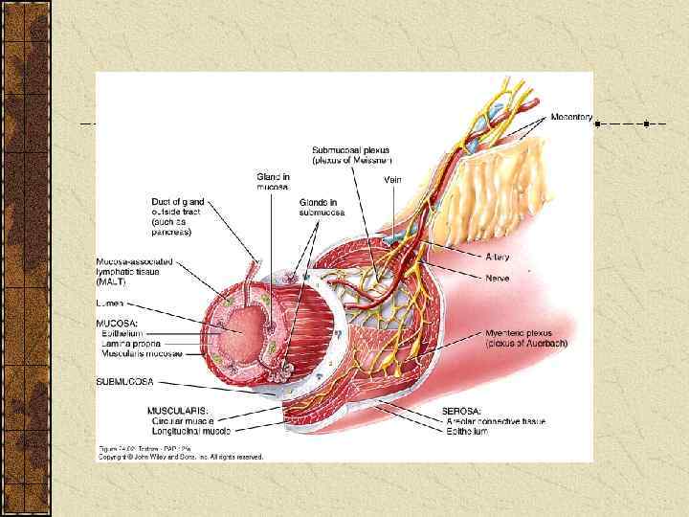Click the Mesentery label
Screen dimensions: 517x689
tap(571, 117)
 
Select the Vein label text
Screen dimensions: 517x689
tap(392, 179)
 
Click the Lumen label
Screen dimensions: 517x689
tap(111, 303)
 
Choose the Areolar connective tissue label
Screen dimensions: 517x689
tap(493, 421)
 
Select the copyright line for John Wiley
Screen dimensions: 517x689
tap(182, 457)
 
